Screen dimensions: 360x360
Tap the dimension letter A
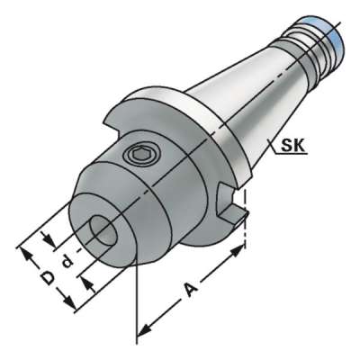pyautogui.click(x=191, y=289)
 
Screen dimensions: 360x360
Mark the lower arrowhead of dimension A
pyautogui.click(x=141, y=331)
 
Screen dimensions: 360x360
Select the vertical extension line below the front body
pyautogui.click(x=137, y=297)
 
